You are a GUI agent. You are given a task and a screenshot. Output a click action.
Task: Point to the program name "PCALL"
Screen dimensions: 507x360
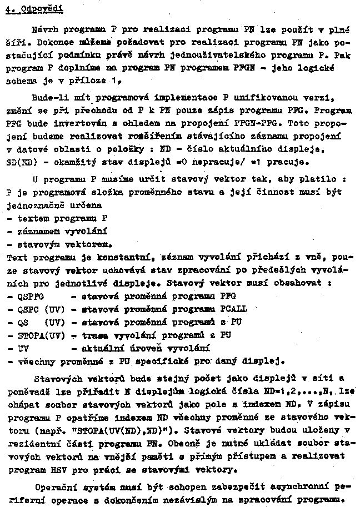234,309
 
